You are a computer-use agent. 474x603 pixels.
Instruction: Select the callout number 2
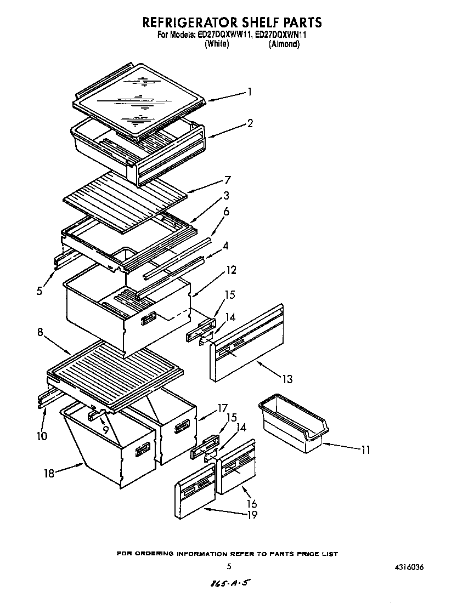click(x=250, y=123)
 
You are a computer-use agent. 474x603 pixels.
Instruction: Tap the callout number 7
click(x=227, y=180)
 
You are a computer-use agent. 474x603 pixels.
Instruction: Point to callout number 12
click(x=231, y=270)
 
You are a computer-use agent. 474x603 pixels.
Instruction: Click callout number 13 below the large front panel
click(x=286, y=379)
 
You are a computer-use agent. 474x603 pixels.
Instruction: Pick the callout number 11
click(x=365, y=450)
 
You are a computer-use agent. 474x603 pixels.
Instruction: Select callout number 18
click(x=49, y=473)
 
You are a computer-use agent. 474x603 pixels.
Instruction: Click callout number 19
click(x=251, y=515)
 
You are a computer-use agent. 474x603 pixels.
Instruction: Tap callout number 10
click(x=42, y=436)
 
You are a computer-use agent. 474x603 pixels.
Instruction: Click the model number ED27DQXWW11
click(x=224, y=35)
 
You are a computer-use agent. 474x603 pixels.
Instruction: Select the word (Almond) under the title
click(x=284, y=44)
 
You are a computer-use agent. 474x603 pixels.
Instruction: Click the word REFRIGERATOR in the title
click(x=187, y=22)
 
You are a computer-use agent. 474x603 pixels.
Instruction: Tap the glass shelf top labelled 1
click(x=140, y=99)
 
